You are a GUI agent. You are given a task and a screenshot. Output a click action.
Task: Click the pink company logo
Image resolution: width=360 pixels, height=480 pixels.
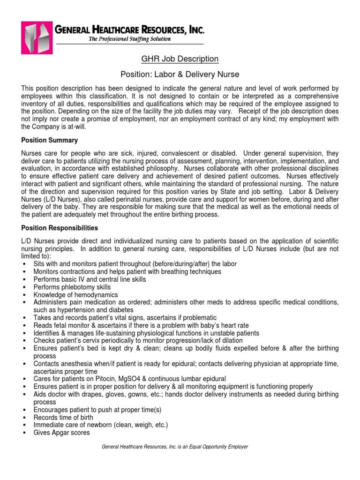[x=37, y=36]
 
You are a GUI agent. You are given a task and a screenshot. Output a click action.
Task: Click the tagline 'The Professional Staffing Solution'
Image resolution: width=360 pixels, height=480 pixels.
[x=130, y=39]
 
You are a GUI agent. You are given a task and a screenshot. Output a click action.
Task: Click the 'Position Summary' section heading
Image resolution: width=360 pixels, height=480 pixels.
[x=50, y=140]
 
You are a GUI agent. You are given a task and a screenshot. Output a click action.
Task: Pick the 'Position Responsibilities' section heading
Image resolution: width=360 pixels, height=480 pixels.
[x=60, y=228]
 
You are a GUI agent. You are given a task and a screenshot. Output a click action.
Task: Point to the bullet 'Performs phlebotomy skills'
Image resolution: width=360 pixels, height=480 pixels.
[x=72, y=287]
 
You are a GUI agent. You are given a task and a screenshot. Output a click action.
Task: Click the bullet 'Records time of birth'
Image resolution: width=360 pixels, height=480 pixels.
[x=63, y=417]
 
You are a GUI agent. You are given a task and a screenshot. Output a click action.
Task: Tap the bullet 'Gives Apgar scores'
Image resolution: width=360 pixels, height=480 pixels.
[x=61, y=433]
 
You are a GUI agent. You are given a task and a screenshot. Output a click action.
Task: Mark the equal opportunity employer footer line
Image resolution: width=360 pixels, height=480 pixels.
[x=174, y=447]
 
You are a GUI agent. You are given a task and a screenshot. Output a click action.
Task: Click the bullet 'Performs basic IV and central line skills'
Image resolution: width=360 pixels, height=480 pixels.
[x=90, y=279]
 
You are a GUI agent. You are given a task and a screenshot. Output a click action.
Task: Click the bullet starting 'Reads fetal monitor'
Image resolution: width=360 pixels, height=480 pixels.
[x=141, y=325]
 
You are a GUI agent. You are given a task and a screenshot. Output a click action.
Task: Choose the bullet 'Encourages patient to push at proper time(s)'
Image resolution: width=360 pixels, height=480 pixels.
[x=97, y=410]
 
